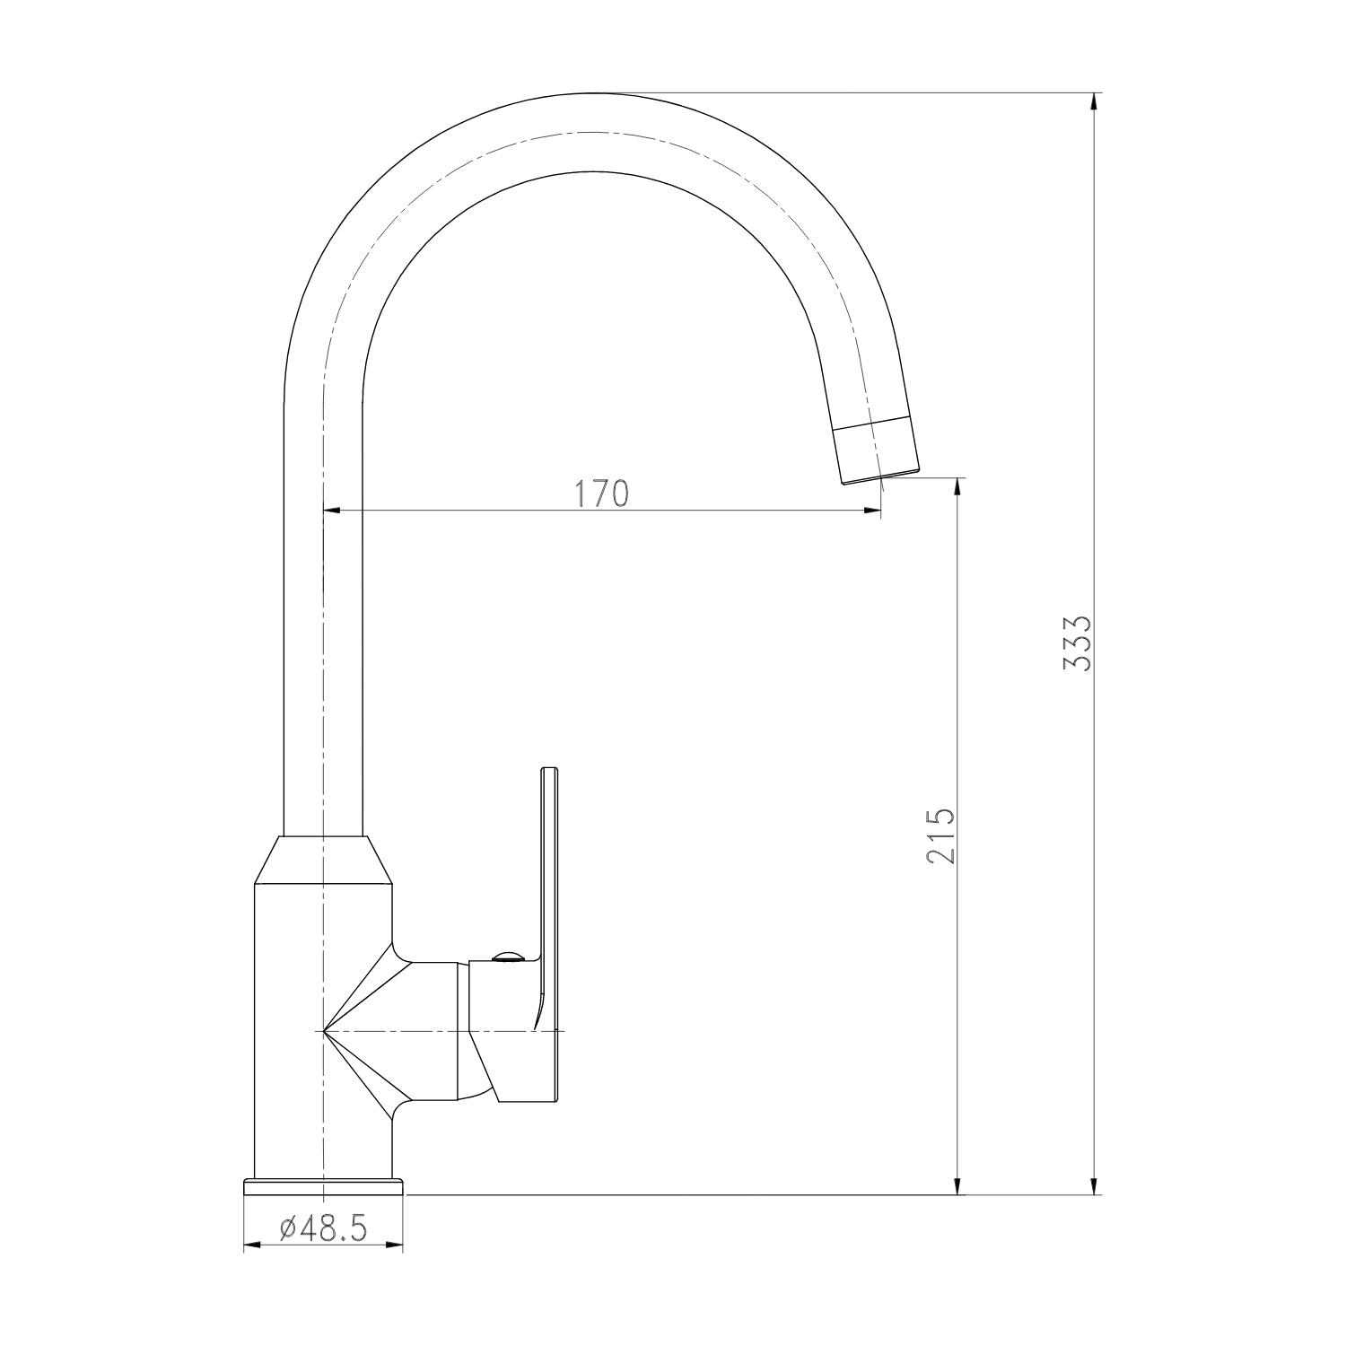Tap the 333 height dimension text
[x=1075, y=643]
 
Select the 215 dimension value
[x=940, y=835]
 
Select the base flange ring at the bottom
[x=324, y=1186]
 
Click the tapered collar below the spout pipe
[x=324, y=860]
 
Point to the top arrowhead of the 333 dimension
[x=1093, y=101]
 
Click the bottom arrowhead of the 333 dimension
[x=1093, y=1186]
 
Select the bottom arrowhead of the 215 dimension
[x=958, y=1186]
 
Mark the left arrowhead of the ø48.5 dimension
[x=252, y=1245]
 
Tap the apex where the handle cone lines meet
[x=323, y=1031]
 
